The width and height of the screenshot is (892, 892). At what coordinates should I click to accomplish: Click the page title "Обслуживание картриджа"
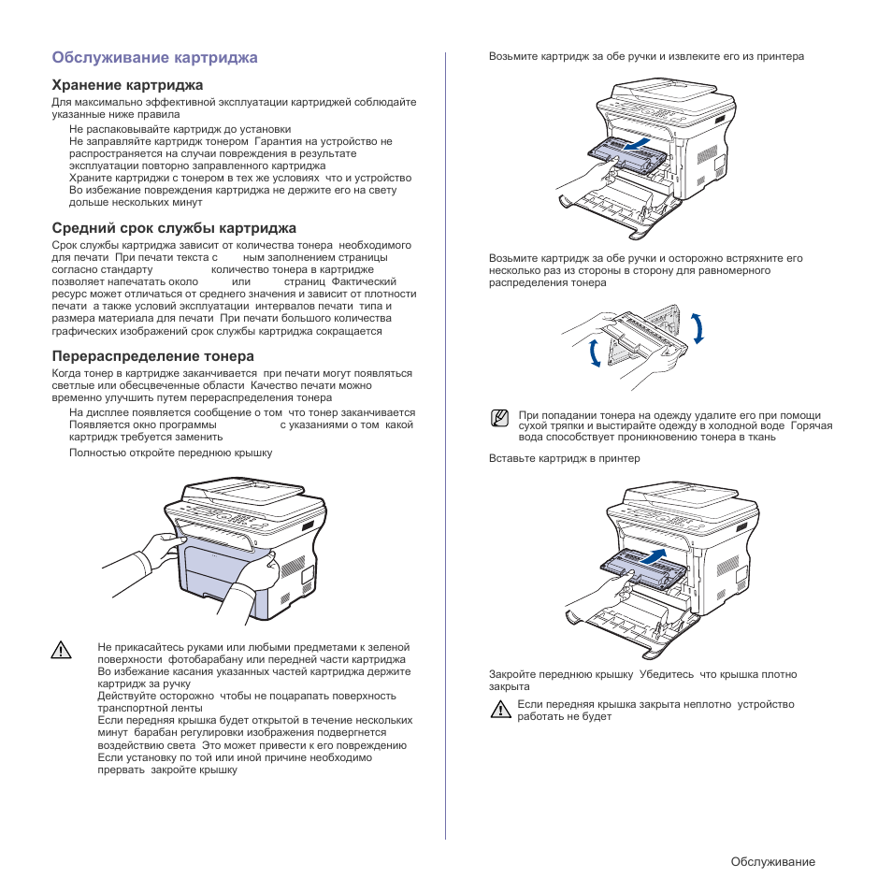[154, 58]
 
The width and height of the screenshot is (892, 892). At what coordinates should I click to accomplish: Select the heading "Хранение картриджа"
[127, 85]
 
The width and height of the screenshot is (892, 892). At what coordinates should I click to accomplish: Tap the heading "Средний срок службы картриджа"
[174, 228]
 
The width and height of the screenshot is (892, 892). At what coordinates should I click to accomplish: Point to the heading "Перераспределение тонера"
[152, 356]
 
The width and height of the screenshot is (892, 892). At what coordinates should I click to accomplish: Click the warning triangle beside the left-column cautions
[62, 650]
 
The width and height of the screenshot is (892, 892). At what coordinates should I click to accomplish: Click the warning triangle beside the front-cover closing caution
[501, 709]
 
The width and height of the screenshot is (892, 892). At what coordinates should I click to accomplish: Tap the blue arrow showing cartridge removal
[645, 148]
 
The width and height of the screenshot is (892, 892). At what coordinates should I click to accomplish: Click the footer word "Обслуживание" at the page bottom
[772, 861]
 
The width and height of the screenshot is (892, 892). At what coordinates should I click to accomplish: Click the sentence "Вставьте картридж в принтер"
[564, 458]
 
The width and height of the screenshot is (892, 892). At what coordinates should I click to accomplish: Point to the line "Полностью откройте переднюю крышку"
[170, 453]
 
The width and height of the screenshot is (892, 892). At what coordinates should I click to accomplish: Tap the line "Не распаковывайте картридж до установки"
[180, 129]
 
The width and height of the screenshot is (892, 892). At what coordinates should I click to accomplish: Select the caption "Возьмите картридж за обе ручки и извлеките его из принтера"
[646, 56]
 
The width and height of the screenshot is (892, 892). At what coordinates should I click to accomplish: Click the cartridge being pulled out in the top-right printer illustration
[618, 152]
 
